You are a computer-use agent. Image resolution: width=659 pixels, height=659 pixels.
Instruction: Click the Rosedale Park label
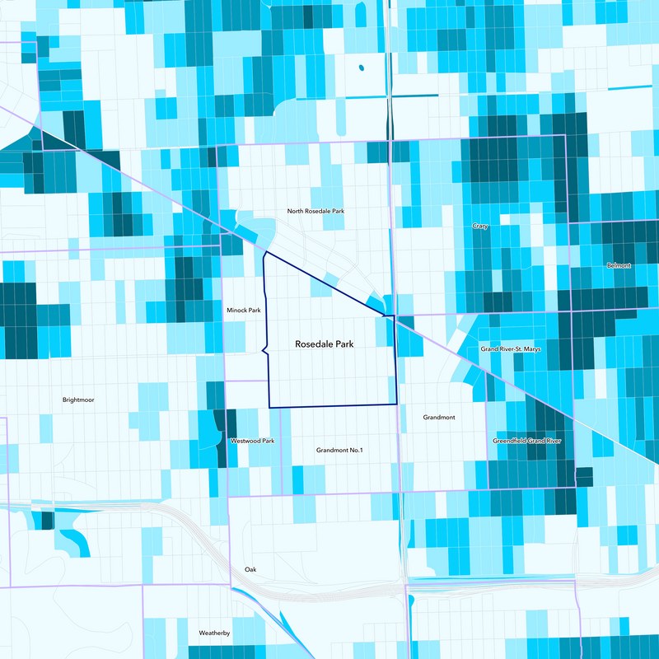point(325,344)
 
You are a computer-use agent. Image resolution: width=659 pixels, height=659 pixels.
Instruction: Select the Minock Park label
point(243,311)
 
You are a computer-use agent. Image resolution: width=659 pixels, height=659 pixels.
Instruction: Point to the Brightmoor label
point(78,400)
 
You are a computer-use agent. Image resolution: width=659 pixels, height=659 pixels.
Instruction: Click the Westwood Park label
point(252,442)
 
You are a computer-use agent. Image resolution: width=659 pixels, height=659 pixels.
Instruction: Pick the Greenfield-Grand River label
point(526,442)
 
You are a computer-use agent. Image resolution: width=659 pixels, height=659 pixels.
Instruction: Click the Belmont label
point(618,265)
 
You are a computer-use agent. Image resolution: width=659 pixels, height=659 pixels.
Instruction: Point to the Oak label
point(250,570)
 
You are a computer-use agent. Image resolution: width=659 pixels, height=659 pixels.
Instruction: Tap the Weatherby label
point(214,633)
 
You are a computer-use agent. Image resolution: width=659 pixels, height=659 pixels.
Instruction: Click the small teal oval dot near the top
point(361,68)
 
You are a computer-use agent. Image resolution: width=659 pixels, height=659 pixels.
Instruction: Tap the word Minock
point(237,311)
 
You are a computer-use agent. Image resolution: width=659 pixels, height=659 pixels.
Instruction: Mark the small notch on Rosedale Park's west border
point(264,351)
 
